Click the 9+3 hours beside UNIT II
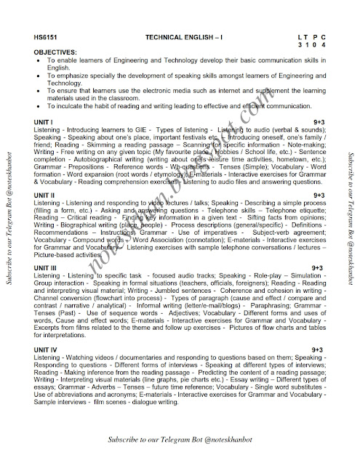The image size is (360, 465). point(318,195)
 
